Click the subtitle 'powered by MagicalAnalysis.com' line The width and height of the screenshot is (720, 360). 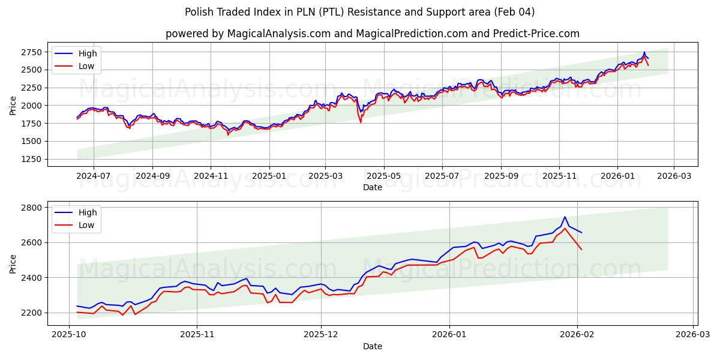(373, 34)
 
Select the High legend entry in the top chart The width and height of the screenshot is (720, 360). (88, 53)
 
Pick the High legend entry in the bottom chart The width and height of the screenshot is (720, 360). (88, 212)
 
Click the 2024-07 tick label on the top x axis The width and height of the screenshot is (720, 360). (94, 176)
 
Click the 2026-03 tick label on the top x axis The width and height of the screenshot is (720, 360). (674, 176)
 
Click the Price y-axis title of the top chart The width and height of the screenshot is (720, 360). (13, 106)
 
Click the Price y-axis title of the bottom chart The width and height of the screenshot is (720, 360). (13, 263)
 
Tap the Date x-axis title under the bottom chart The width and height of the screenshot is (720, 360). (373, 346)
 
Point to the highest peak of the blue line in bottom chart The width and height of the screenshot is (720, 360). (565, 217)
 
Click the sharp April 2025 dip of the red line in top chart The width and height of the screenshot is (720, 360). (361, 122)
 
